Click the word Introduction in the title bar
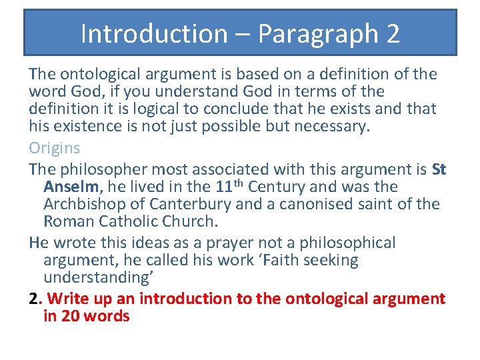[154, 33]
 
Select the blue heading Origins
[54, 148]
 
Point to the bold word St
[439, 170]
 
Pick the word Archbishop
[91, 205]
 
